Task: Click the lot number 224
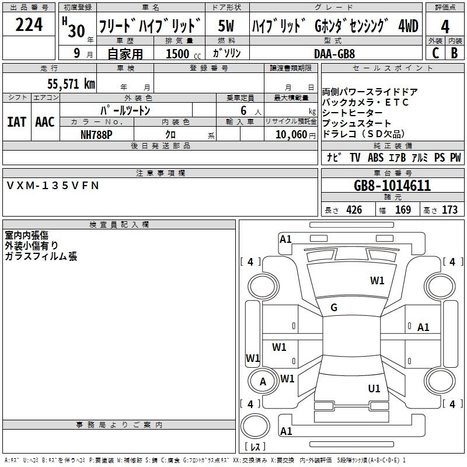click(x=29, y=25)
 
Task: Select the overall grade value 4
click(x=445, y=26)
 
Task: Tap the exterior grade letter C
click(x=435, y=53)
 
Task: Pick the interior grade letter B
click(x=454, y=53)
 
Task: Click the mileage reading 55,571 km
click(x=71, y=84)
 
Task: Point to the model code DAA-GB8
click(x=334, y=54)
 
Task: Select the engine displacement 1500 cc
click(x=183, y=54)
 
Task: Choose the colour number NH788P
click(x=96, y=135)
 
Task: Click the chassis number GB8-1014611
click(x=392, y=186)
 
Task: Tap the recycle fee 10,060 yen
click(x=295, y=135)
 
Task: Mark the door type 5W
click(x=226, y=26)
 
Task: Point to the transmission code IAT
click(x=16, y=122)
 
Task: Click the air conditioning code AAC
click(x=45, y=122)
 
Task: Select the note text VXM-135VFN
click(x=53, y=186)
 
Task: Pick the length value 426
click(x=354, y=210)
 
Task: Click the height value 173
click(x=449, y=210)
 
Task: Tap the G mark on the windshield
click(x=334, y=308)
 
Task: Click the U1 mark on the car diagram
click(x=374, y=388)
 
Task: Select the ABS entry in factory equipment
click(x=375, y=158)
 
